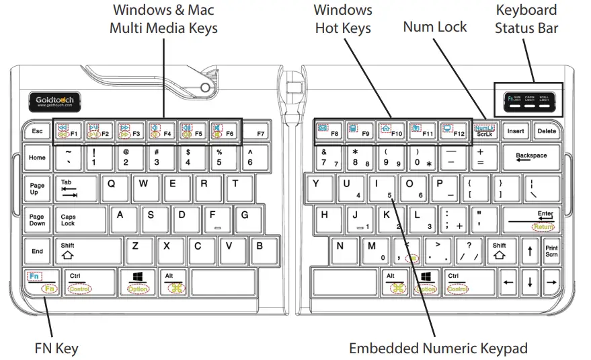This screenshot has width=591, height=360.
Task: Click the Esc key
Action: coord(37,131)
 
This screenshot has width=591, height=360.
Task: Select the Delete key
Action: coord(547,131)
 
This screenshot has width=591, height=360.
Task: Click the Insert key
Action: coord(516,131)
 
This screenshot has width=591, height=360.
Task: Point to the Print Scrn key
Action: coord(551,251)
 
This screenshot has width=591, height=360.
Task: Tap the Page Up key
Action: coord(37,189)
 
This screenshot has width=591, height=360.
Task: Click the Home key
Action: coord(37,158)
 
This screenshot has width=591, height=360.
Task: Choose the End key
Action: coord(37,251)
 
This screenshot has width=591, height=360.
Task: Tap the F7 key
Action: coord(260,131)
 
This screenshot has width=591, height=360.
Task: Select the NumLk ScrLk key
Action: coord(485,131)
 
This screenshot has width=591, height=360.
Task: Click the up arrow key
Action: coord(530,251)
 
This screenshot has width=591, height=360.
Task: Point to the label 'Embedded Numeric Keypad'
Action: coord(438,348)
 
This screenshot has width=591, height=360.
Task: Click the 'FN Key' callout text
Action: coord(56,348)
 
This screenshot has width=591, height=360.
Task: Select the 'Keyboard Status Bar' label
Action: coord(526,19)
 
